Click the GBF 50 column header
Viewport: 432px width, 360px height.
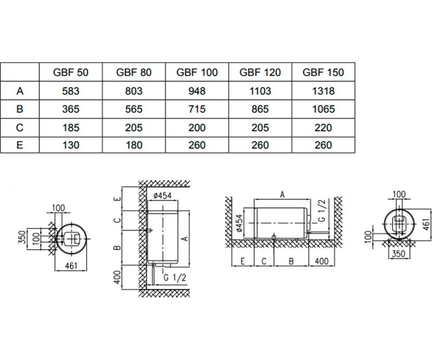[71, 72]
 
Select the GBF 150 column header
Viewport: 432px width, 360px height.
[323, 72]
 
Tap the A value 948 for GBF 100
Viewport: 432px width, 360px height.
[197, 91]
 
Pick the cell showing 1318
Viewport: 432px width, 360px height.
[323, 91]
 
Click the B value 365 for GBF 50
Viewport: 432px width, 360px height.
[71, 109]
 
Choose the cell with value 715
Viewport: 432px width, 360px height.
[197, 109]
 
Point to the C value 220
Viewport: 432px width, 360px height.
[323, 128]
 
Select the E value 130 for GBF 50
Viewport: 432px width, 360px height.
[71, 145]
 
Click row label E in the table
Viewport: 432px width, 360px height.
[20, 145]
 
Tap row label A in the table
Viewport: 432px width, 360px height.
[20, 91]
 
